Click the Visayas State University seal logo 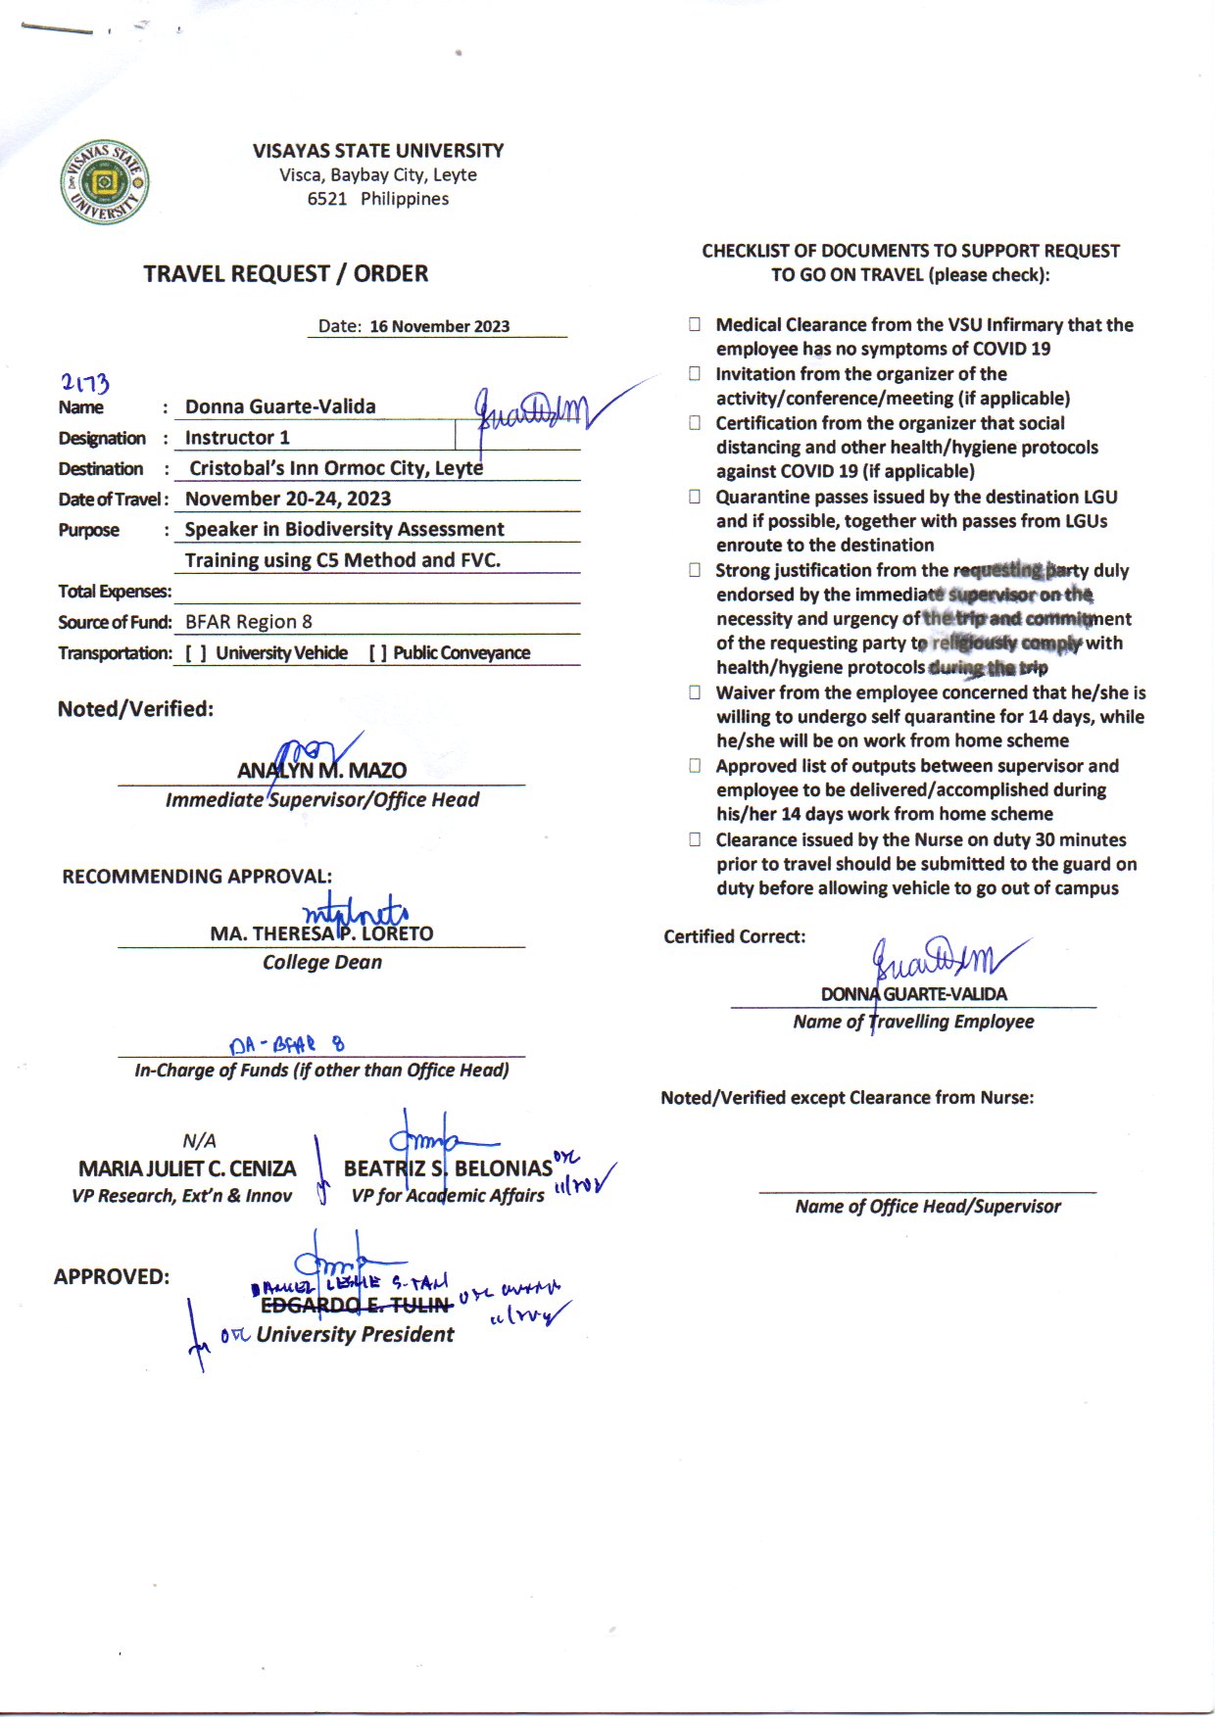(105, 182)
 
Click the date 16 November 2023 (439, 327)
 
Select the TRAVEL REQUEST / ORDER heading (286, 274)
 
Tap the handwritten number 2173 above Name (85, 383)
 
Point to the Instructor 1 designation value (237, 438)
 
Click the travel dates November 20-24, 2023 (288, 499)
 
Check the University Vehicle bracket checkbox (196, 653)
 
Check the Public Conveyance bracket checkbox (378, 653)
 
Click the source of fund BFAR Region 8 (249, 622)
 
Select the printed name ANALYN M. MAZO (321, 771)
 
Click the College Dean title (321, 963)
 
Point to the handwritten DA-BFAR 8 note (286, 1045)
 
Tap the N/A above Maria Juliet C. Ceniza (199, 1141)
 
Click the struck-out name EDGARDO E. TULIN (356, 1306)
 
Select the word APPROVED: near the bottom (112, 1277)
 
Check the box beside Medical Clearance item (695, 324)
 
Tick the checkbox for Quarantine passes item (695, 497)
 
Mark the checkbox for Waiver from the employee (695, 692)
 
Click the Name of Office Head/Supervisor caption (927, 1207)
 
